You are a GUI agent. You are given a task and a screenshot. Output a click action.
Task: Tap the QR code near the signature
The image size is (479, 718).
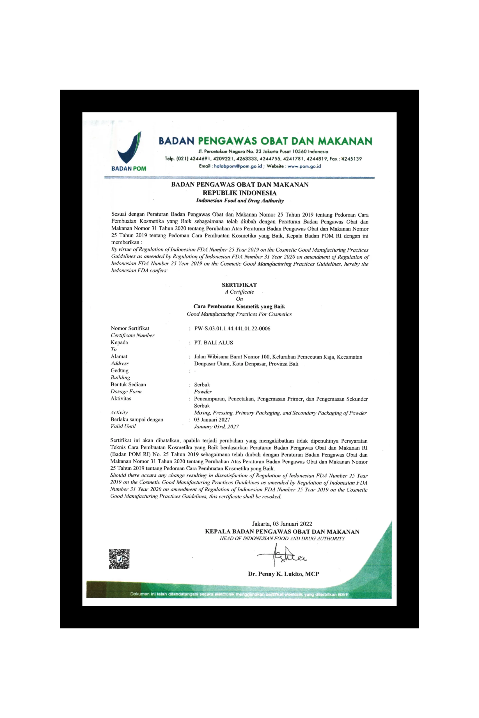click(119, 559)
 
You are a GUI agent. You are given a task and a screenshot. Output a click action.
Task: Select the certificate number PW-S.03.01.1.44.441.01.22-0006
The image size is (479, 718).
click(232, 328)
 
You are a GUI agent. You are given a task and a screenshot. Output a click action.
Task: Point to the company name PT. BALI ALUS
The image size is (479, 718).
click(214, 342)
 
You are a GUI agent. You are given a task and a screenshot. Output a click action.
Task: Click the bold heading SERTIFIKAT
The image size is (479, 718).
click(239, 285)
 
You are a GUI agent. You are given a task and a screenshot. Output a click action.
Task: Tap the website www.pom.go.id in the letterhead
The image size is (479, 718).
click(304, 166)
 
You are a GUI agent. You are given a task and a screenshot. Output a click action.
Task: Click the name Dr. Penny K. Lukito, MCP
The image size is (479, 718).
click(283, 574)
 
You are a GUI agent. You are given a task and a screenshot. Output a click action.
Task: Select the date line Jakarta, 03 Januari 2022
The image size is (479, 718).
click(282, 524)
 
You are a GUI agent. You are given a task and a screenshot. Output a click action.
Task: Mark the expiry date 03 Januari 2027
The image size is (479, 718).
click(212, 420)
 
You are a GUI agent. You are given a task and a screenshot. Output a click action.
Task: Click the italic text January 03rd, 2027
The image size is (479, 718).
click(216, 427)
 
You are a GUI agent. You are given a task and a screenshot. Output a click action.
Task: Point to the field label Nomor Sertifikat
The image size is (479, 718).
click(130, 328)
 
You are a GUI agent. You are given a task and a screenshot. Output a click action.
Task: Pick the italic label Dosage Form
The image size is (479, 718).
click(126, 391)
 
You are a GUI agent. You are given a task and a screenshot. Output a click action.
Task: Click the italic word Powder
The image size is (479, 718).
click(203, 392)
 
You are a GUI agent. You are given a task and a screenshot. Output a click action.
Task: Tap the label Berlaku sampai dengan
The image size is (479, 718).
click(137, 420)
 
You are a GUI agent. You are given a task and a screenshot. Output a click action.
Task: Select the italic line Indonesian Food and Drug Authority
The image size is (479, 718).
click(240, 201)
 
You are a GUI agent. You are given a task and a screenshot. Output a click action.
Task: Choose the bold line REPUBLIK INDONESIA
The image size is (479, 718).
click(240, 193)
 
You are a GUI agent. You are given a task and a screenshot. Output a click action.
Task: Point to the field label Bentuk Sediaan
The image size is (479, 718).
click(128, 384)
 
